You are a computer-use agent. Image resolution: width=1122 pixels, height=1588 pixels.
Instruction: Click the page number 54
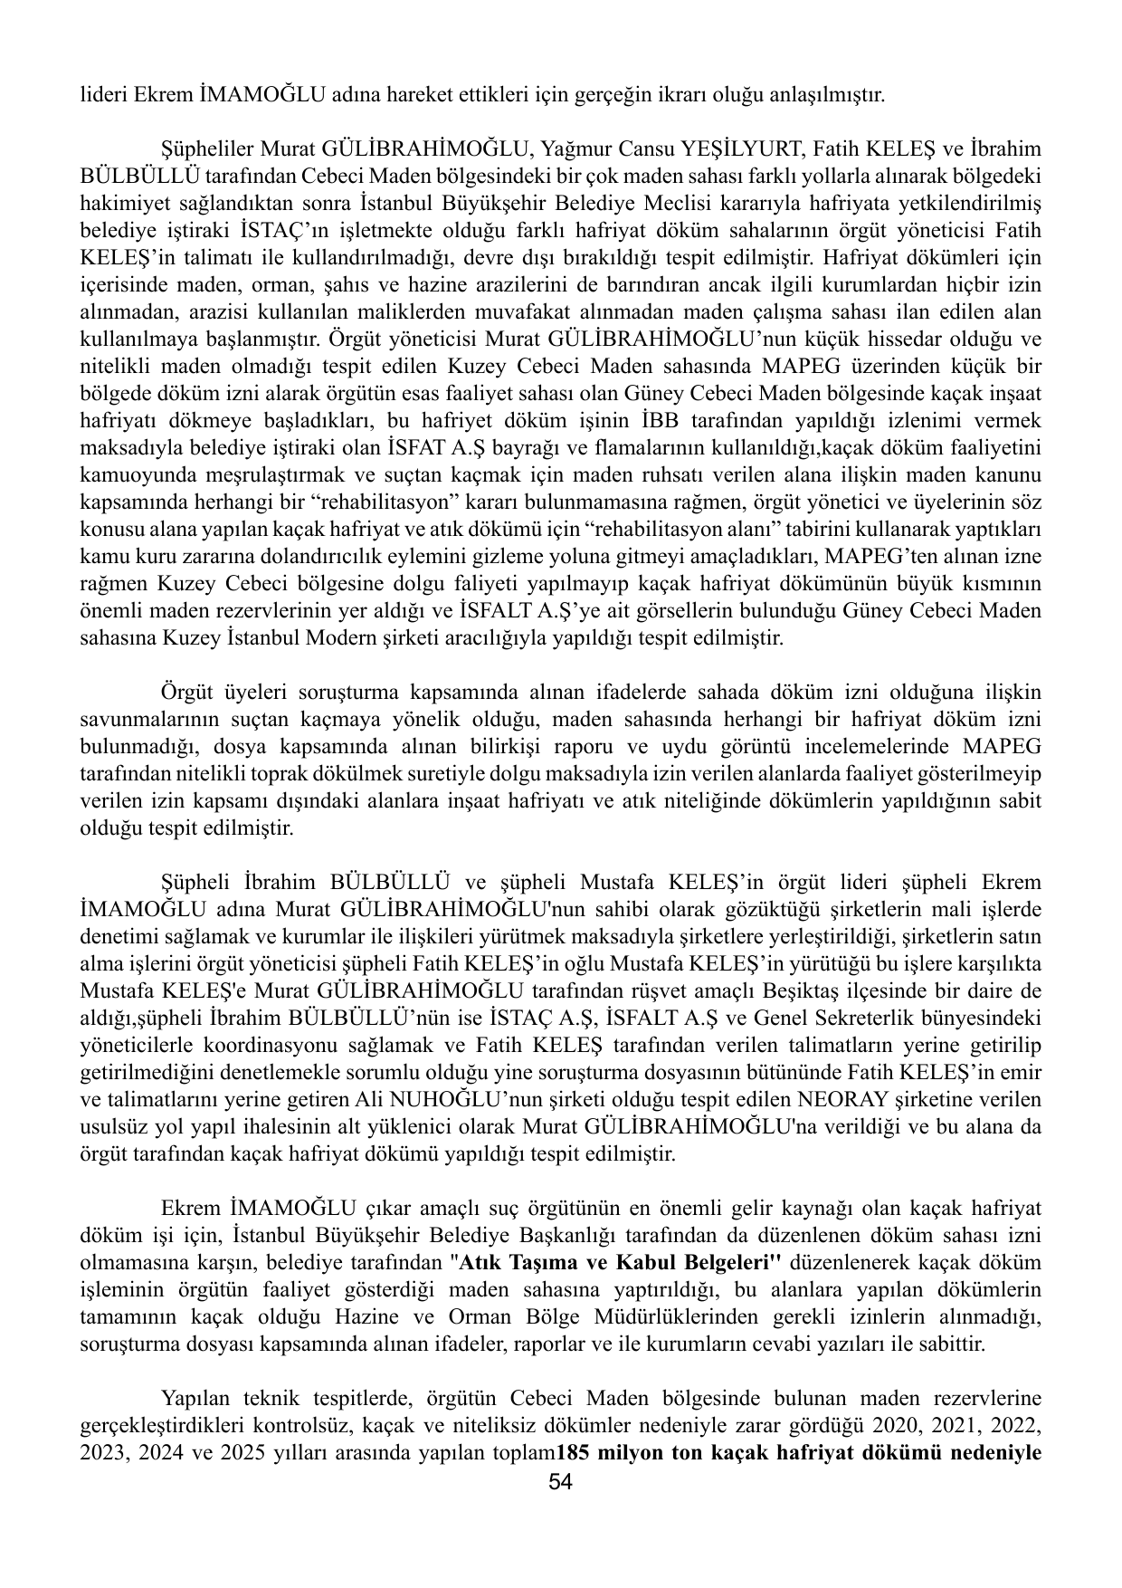tap(561, 1483)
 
